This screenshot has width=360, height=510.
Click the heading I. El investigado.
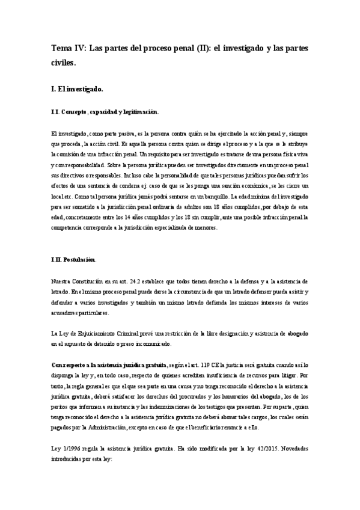click(x=78, y=89)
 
